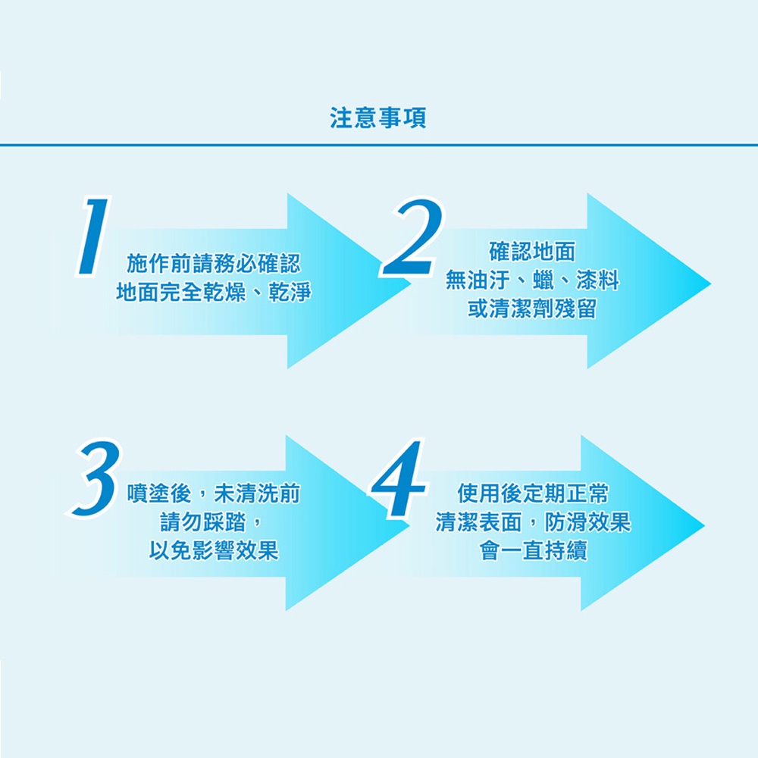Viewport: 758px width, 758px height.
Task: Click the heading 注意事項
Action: tap(378, 117)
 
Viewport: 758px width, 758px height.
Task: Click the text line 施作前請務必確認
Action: tap(214, 264)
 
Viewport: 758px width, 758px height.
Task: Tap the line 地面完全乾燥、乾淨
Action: tap(214, 292)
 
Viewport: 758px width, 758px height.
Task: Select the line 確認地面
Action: tap(532, 252)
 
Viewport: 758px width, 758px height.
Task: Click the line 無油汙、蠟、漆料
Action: tap(532, 280)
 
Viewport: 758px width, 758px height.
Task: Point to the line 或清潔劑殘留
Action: tap(532, 309)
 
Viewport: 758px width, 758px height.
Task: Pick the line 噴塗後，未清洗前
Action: tap(214, 493)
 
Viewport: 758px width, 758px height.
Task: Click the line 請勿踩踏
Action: tap(203, 522)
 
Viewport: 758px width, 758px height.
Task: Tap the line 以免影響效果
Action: tap(214, 550)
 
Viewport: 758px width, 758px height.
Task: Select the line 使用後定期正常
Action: tap(532, 493)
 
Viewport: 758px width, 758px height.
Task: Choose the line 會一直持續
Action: tap(533, 550)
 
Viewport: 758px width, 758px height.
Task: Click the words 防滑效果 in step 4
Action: tap(588, 522)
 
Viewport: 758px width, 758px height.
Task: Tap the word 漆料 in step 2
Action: tap(598, 280)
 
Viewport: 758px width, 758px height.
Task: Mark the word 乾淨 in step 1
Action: tap(290, 292)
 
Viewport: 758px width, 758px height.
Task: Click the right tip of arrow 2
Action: tap(711, 283)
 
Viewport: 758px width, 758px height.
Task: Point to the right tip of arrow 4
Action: tap(704, 525)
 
